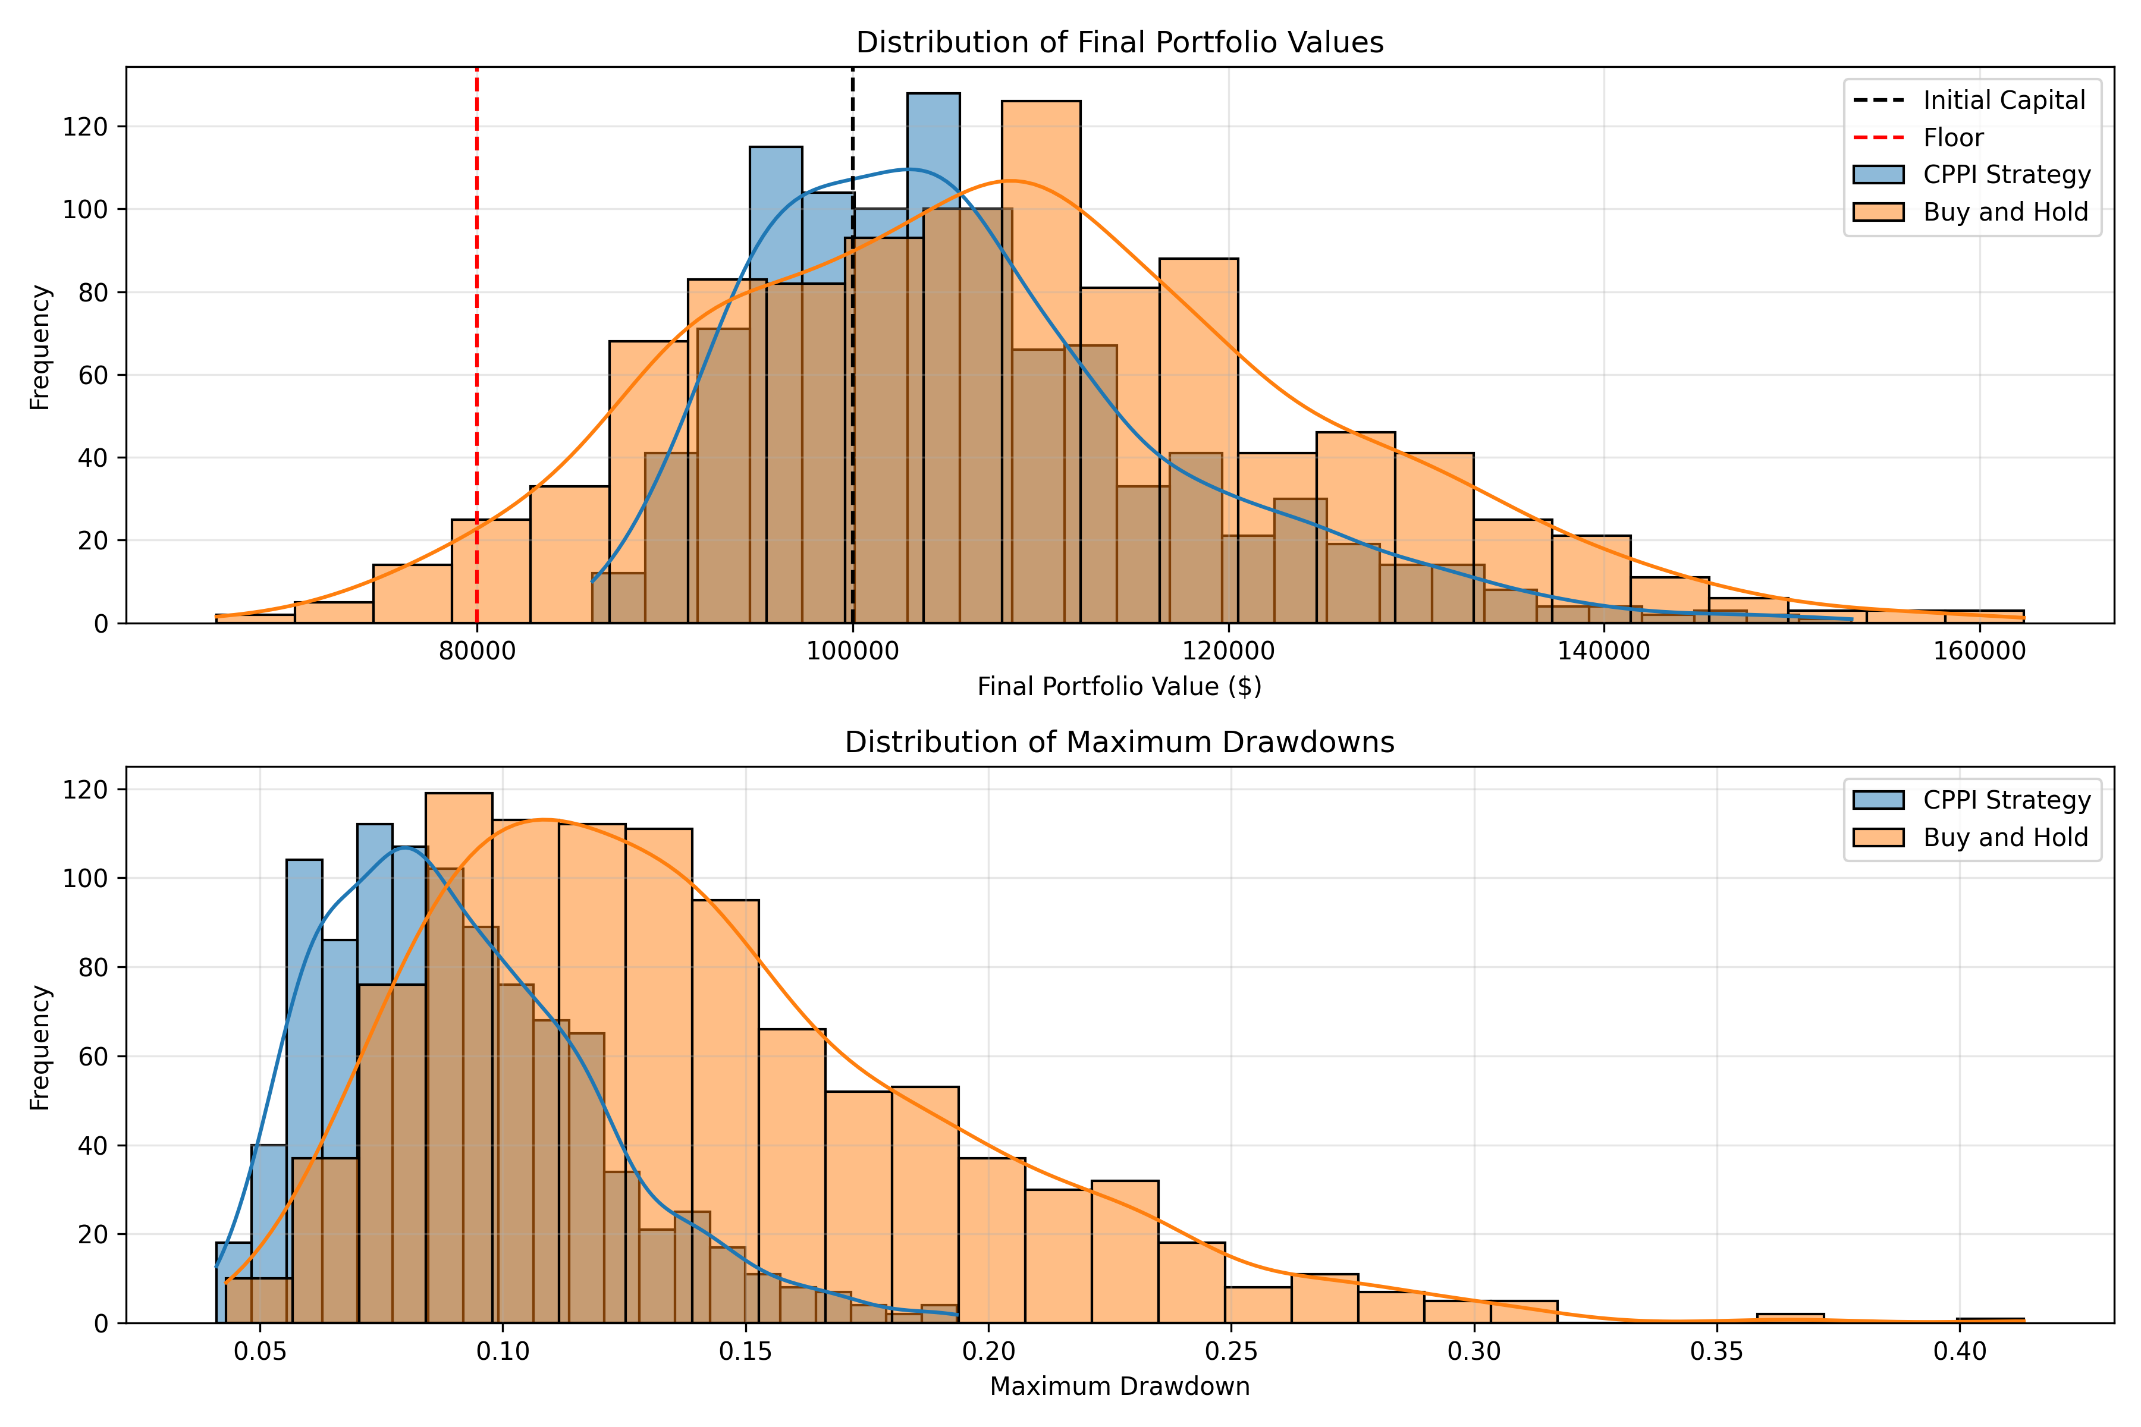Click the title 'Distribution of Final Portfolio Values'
click(1120, 43)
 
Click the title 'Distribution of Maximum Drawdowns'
click(1120, 743)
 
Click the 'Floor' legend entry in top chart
click(1952, 137)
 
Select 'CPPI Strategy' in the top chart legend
click(2006, 175)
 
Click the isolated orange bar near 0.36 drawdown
click(1790, 1318)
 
